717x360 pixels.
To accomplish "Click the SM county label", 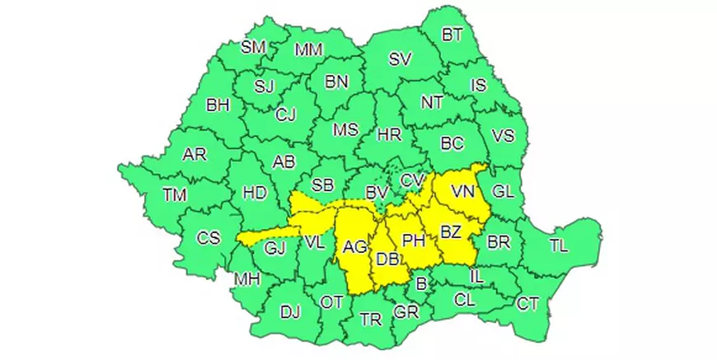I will click(254, 47).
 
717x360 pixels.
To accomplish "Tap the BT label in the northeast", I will click(452, 34).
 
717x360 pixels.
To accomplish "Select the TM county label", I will click(174, 195).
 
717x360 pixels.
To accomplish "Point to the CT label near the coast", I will click(527, 304).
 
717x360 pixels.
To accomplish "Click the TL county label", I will click(559, 245).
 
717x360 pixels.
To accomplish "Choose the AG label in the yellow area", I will click(355, 246).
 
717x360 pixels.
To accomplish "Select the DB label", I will click(387, 259).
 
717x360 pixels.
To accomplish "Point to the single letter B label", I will click(422, 284).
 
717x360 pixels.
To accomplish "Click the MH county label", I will click(247, 278).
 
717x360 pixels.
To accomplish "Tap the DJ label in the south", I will click(290, 311).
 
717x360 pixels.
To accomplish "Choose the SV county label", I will click(400, 59).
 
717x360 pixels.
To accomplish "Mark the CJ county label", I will click(285, 115).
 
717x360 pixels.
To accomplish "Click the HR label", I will click(388, 134).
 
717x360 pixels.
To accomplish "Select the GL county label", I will click(503, 191).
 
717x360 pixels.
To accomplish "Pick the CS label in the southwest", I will click(209, 238).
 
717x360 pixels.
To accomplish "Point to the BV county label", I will click(377, 192).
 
